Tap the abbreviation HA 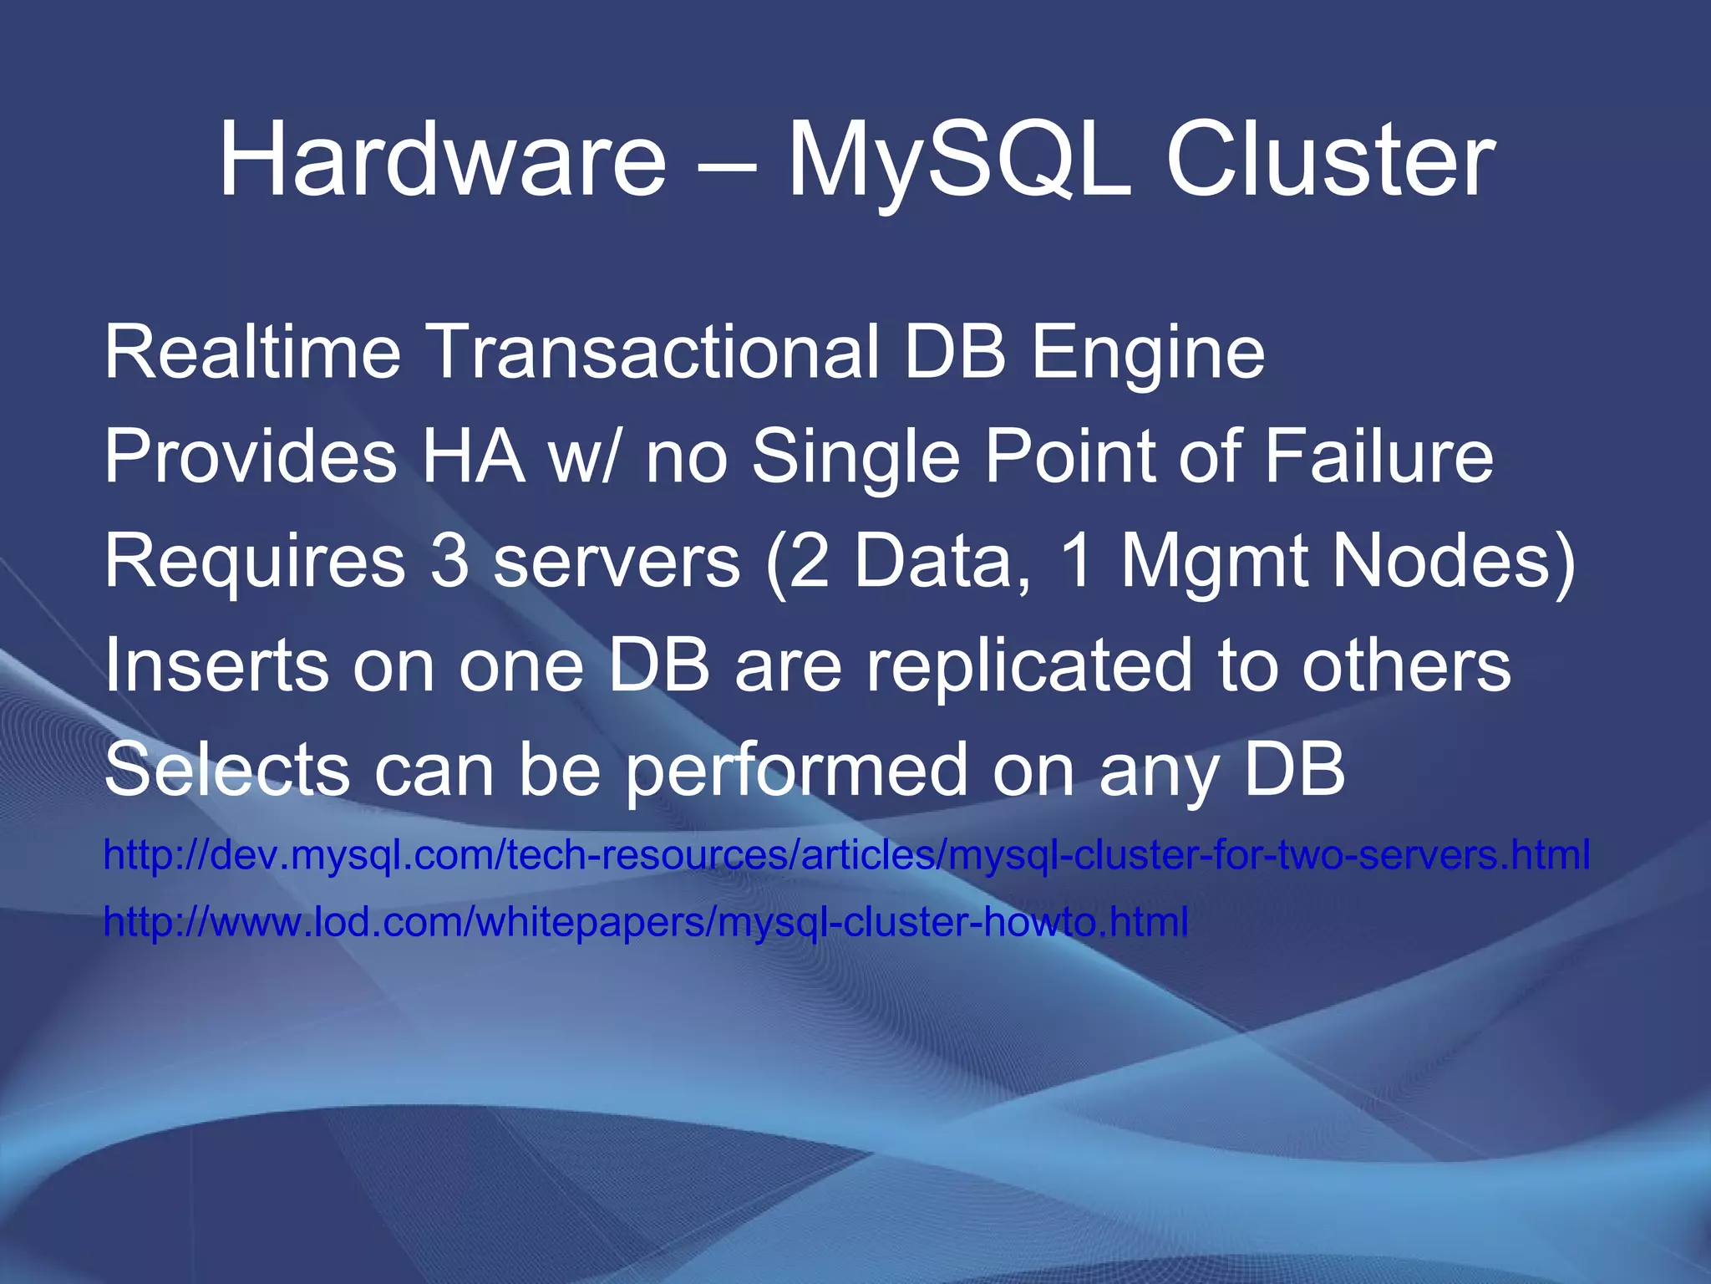[x=473, y=457]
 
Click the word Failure [x=1378, y=457]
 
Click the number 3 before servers [x=449, y=562]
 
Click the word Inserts [x=216, y=666]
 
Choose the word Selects [x=226, y=770]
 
